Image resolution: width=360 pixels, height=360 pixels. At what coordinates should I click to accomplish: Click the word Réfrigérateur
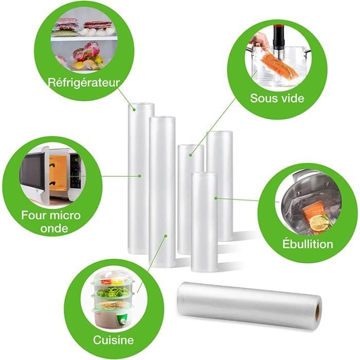84,82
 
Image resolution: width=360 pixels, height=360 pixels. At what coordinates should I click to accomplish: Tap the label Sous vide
277,98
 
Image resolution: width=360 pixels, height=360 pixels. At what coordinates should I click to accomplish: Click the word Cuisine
113,340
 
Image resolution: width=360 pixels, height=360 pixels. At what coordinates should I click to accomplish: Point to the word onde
54,228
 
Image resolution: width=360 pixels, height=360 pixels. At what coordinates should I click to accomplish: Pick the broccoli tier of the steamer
113,292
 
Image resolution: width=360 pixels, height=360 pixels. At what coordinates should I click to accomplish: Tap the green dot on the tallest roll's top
134,110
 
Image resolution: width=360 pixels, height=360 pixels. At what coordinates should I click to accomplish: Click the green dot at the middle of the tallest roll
139,176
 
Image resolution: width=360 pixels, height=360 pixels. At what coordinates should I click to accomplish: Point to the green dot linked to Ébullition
216,198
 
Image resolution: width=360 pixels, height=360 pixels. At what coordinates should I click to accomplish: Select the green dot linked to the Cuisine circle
166,236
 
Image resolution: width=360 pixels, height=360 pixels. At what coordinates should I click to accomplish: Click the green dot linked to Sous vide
190,155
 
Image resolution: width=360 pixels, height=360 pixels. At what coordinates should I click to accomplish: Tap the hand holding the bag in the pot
259,41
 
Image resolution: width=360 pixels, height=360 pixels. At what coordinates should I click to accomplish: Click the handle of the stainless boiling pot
303,174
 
